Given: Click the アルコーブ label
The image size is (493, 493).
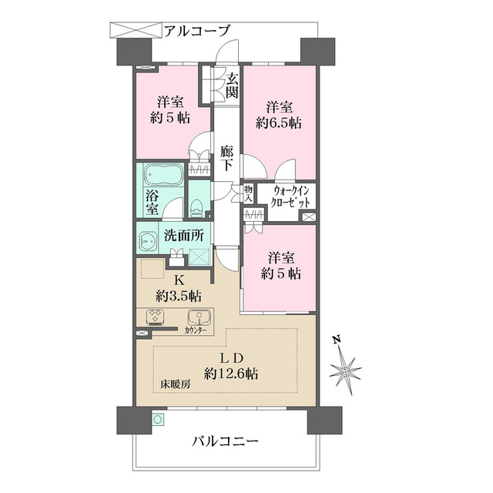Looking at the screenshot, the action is click(x=197, y=31).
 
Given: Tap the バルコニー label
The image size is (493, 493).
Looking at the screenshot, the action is click(x=225, y=441).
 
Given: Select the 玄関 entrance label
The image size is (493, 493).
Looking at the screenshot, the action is click(x=233, y=86).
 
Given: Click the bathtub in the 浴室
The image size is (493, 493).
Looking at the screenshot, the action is click(x=163, y=175).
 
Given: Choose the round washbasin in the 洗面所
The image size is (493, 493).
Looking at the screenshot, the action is click(x=147, y=241).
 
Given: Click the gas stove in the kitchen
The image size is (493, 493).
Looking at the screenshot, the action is click(x=155, y=317).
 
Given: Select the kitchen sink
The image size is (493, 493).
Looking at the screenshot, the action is click(x=199, y=317).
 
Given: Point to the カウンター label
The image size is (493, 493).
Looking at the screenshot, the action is click(x=196, y=330).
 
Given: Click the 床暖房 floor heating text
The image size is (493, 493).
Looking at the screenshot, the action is click(x=176, y=384).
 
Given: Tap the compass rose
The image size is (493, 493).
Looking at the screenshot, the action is click(x=345, y=371).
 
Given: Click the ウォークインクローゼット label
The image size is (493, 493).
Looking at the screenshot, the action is click(x=291, y=197).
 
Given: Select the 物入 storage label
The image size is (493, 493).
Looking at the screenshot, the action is click(x=248, y=193).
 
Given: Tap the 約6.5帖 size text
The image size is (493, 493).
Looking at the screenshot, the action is click(x=279, y=122).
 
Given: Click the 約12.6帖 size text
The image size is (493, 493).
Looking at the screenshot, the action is click(x=231, y=374).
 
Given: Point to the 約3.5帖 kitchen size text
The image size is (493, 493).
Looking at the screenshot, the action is click(x=179, y=296).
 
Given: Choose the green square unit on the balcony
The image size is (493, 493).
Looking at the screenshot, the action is click(x=157, y=419).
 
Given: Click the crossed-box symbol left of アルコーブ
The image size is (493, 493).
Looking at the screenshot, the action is click(x=136, y=30).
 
